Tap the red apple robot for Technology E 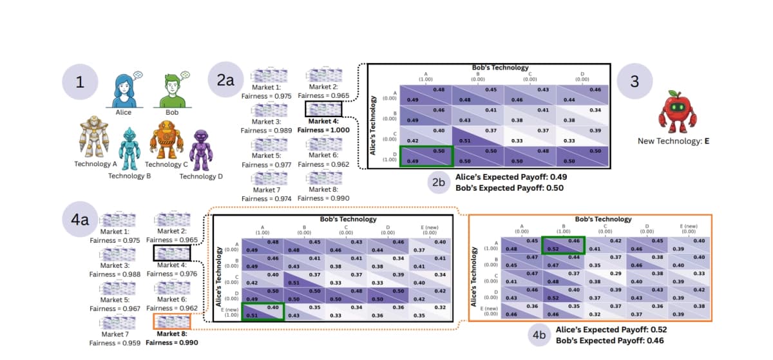pyautogui.click(x=673, y=111)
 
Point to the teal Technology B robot pyautogui.click(x=130, y=149)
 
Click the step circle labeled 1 pyautogui.click(x=80, y=83)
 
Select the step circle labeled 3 pyautogui.click(x=635, y=83)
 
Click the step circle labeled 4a pyautogui.click(x=80, y=219)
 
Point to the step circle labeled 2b pyautogui.click(x=438, y=182)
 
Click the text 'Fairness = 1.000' pyautogui.click(x=323, y=129)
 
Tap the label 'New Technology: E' pyautogui.click(x=673, y=140)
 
